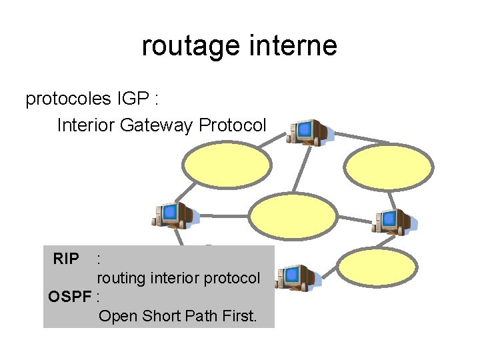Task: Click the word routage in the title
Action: pos(191,47)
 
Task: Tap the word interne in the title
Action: pos(293,45)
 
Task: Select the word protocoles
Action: pos(68,99)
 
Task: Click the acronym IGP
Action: pos(133,98)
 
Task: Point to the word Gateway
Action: pos(156,125)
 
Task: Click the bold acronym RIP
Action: pos(66,259)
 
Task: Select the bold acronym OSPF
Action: pos(70,296)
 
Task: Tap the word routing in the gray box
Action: pos(121,279)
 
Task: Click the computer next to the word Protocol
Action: pos(309,132)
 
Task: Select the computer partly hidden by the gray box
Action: pos(297,277)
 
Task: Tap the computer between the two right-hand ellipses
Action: pos(394,222)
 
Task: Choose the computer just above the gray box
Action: pos(175,215)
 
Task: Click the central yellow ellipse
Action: pos(293,217)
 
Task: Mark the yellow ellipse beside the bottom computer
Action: pos(377,267)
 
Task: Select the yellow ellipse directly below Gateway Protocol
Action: pos(227,165)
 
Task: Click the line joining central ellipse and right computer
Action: pos(355,219)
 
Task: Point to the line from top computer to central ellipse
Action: pos(302,169)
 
